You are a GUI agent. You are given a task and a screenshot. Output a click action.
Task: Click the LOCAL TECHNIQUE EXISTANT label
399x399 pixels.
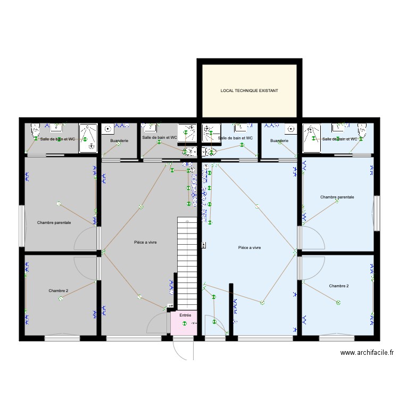tap(249, 90)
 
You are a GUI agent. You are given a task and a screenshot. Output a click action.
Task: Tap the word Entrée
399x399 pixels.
tap(185, 315)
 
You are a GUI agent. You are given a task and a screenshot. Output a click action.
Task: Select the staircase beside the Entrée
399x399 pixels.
tap(187, 263)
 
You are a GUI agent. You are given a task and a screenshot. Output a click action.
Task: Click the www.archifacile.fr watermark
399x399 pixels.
tap(367, 352)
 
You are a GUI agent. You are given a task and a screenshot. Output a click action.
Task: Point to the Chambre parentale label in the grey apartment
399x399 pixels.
tap(54, 223)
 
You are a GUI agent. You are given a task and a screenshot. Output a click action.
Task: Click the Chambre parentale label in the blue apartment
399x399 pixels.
tap(337, 197)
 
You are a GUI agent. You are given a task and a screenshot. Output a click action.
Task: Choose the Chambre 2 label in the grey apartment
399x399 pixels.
tap(59, 290)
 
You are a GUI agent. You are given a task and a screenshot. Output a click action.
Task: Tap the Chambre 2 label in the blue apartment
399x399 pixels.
tap(339, 286)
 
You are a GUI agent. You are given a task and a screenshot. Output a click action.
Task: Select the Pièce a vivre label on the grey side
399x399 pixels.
tap(145, 242)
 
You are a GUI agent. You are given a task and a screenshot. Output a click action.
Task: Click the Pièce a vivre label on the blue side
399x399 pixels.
tap(250, 247)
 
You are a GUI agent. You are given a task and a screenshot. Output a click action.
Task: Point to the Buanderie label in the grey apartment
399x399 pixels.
tap(119, 140)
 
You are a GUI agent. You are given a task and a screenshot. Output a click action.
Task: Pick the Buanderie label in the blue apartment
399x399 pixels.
tap(279, 140)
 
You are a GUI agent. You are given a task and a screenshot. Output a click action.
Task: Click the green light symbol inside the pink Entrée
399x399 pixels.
tap(184, 323)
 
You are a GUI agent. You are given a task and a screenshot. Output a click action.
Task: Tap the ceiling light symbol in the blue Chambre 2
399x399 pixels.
tap(338, 303)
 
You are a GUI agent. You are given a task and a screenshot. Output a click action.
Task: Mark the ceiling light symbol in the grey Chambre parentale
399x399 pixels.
tap(59, 204)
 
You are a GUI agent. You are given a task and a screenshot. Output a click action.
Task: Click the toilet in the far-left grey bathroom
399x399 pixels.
tap(35, 130)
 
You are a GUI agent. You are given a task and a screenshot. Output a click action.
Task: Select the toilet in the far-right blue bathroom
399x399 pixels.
tap(362, 130)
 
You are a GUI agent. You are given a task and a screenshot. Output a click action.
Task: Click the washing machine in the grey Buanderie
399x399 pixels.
tap(108, 129)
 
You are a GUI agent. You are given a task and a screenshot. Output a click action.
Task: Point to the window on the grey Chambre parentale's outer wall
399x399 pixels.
tap(22, 226)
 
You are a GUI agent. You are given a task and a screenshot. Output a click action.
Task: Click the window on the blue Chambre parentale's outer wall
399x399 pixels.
tap(377, 213)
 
